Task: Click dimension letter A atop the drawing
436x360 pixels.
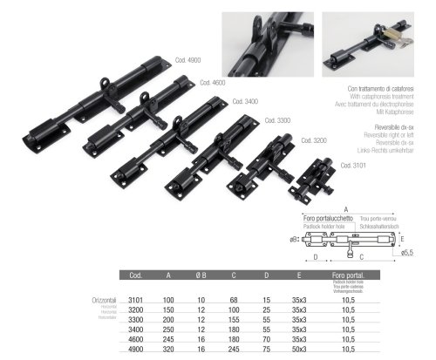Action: click(x=347, y=208)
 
